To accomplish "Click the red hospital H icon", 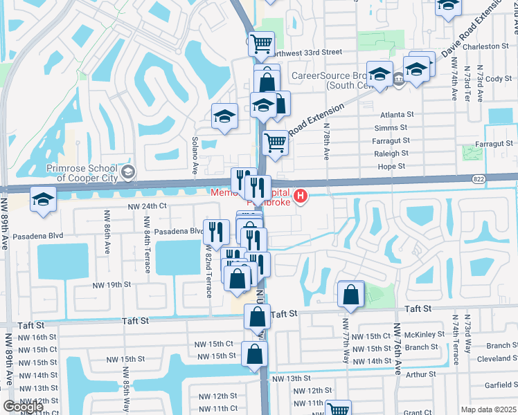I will coord(301,197).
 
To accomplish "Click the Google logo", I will coord(23,406).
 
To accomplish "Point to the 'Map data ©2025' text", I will coord(488,409).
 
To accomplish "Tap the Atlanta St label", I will coord(397,115).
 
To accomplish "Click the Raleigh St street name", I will coord(391,154).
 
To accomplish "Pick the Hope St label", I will coord(391,167).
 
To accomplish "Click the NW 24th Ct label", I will coord(148,206).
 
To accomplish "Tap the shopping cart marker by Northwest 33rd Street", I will coord(261,44).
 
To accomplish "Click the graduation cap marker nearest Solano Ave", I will coord(224,117).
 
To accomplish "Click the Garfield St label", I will coord(498,386).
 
